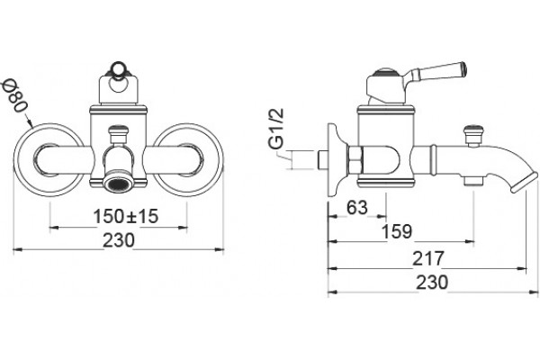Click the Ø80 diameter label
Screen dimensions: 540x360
click(15, 95)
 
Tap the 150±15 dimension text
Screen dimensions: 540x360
click(126, 216)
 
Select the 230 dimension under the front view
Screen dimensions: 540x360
click(119, 240)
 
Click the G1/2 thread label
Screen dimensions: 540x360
click(276, 129)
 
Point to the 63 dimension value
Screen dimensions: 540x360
click(357, 207)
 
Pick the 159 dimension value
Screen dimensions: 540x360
click(397, 231)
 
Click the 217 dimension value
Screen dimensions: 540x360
click(428, 258)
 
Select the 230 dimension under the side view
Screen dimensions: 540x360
click(432, 283)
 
